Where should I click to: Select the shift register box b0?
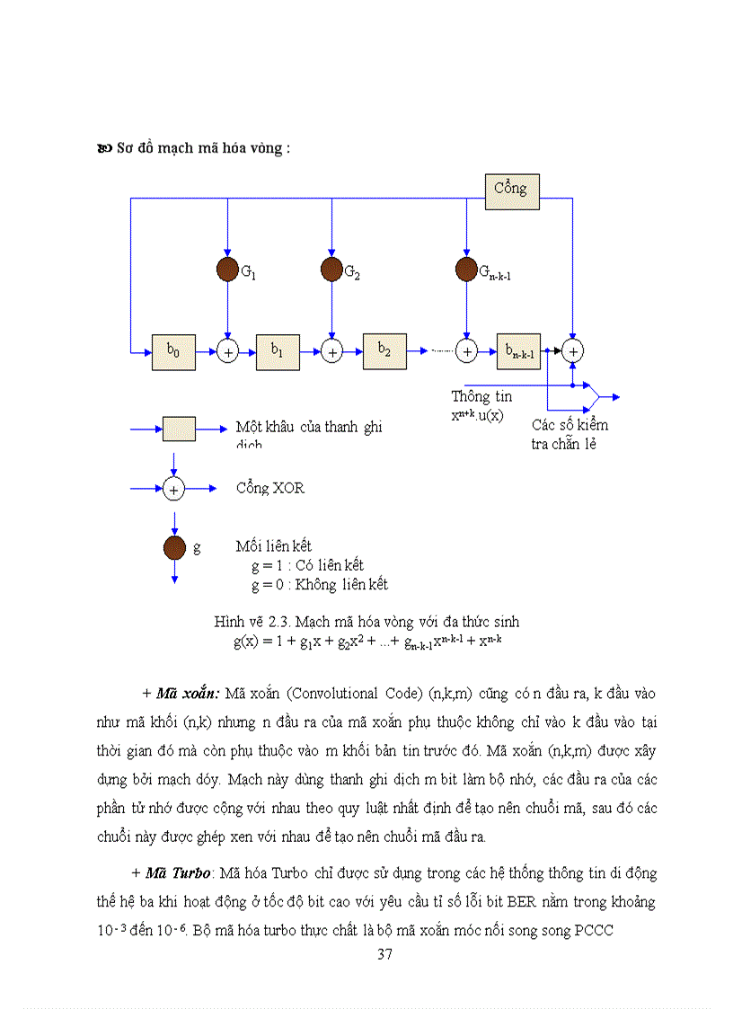(174, 352)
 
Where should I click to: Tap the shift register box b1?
(278, 352)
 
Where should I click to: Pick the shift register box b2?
(384, 351)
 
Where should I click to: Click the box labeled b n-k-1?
(518, 351)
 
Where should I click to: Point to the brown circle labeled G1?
(228, 269)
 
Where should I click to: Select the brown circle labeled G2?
(332, 269)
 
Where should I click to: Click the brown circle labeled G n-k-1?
(466, 269)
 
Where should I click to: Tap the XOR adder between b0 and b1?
(228, 352)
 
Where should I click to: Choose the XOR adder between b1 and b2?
(332, 352)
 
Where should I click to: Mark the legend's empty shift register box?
(179, 429)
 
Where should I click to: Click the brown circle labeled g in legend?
(174, 546)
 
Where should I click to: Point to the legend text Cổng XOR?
(270, 488)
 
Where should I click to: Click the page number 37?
(384, 954)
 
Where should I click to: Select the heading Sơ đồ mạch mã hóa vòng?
(203, 149)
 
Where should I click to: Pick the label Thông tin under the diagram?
(482, 396)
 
